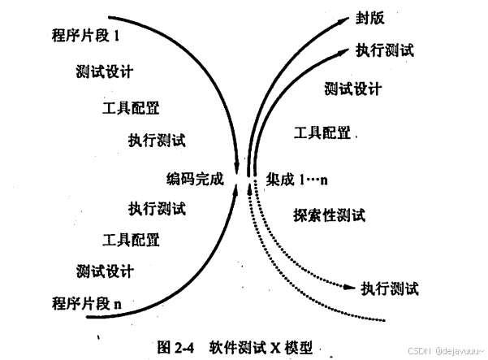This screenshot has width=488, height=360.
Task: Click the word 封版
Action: point(368,19)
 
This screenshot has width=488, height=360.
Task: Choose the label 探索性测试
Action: point(329,215)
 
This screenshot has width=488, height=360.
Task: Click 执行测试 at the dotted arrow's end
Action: point(391,288)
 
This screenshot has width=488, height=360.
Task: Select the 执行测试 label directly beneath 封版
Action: point(385,50)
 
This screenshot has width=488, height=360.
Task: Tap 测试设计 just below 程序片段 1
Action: point(105,72)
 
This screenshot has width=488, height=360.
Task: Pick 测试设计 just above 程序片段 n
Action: point(105,271)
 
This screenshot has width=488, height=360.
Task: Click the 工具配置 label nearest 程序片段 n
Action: point(131,239)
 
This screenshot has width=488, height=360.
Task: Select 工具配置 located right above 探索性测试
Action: point(322,132)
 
